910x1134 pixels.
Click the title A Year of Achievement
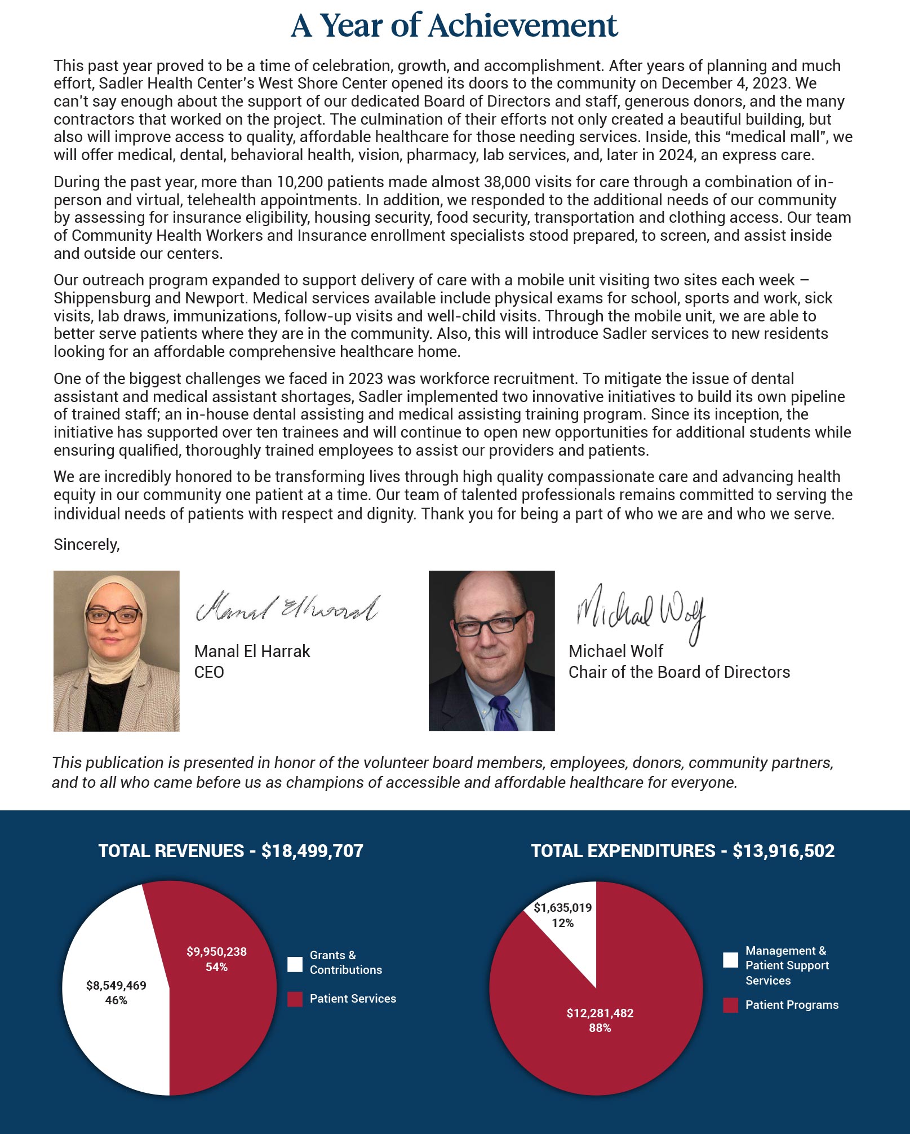point(454,26)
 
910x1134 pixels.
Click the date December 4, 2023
point(723,83)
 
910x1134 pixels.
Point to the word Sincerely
point(86,544)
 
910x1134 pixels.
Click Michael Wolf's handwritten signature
point(640,612)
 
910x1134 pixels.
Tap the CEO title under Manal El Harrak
point(209,672)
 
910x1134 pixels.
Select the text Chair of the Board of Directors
point(679,672)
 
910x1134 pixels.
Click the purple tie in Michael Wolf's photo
point(501,712)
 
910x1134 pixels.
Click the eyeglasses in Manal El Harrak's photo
point(113,615)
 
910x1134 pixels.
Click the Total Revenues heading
point(230,850)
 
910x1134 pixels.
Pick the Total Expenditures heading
point(682,850)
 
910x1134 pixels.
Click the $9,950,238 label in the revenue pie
point(216,952)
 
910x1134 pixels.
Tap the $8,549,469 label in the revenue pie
point(116,985)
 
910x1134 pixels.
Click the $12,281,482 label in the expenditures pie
point(600,1013)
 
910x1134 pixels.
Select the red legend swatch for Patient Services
point(295,999)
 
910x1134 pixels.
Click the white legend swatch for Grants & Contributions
point(295,964)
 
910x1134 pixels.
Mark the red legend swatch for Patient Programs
point(730,1005)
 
